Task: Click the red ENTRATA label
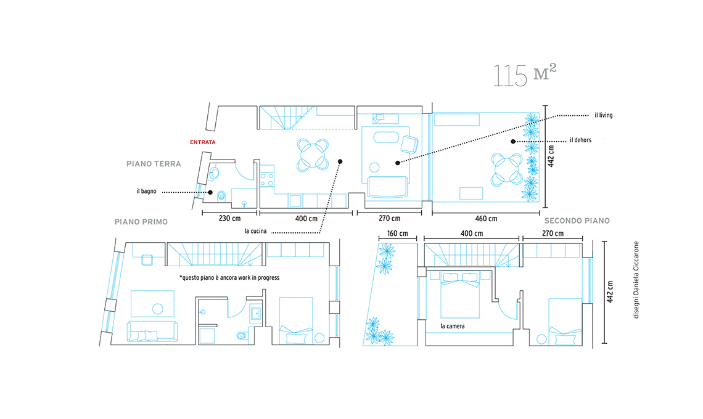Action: point(203,142)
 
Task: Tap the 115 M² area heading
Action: point(525,75)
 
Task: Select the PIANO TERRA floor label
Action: point(154,164)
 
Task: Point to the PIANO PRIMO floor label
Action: point(141,222)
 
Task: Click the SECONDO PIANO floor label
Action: point(577,221)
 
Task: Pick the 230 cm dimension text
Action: point(229,218)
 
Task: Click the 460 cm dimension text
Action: point(486,219)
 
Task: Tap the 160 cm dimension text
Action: point(397,234)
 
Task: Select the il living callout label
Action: point(604,115)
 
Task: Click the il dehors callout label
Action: point(581,140)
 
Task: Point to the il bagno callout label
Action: point(147,192)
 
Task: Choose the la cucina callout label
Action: point(255,231)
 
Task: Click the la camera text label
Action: point(453,326)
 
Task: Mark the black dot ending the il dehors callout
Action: point(513,142)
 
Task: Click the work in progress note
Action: point(229,278)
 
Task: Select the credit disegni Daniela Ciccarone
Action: point(636,280)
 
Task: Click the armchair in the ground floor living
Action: point(409,144)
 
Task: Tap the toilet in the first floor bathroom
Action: point(240,335)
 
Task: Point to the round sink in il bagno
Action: point(215,173)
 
